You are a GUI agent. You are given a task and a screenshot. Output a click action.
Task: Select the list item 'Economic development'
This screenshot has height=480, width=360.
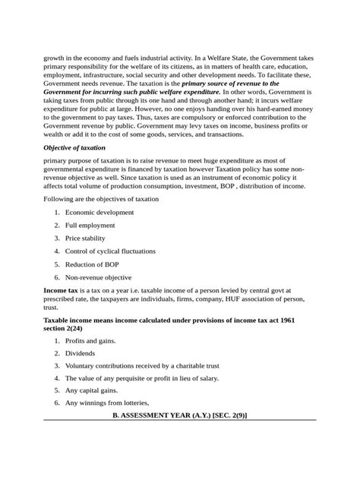coord(99,213)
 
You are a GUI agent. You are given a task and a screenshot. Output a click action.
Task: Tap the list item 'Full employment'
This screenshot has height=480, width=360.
coord(90,226)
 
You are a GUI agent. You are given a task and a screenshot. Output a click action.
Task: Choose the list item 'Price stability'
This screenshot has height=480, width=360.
coord(86,238)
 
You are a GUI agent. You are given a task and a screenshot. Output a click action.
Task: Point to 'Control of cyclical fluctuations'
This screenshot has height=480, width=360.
coord(110,251)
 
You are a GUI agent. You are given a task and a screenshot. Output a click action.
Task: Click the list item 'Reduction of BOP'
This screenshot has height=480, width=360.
coord(92,264)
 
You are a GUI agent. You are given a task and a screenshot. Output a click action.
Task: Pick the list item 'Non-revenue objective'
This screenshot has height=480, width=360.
coord(98,277)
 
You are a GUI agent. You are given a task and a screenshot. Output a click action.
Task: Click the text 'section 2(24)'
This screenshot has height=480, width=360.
coord(67,329)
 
